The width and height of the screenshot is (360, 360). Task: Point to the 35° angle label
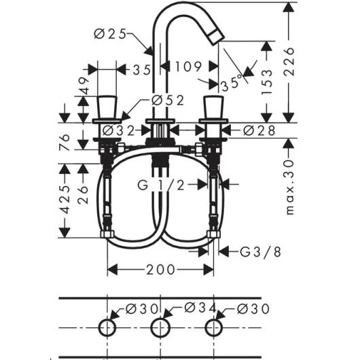point(232,83)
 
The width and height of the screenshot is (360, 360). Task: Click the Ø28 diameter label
point(258,130)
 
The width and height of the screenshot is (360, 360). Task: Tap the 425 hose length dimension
point(65,199)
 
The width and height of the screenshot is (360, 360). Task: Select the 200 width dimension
point(160,270)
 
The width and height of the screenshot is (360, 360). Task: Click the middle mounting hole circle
point(161,327)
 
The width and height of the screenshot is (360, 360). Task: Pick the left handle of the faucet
point(107,106)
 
